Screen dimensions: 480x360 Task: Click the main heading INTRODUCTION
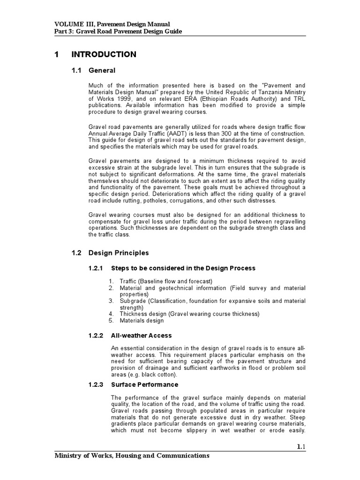click(x=104, y=54)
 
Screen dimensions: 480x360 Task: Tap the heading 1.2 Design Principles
click(x=110, y=253)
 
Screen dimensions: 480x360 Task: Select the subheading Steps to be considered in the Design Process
click(x=183, y=268)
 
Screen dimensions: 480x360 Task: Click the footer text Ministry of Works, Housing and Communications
click(x=132, y=455)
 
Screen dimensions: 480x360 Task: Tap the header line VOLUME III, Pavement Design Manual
click(x=112, y=23)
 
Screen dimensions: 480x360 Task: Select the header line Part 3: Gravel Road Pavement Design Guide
click(x=118, y=31)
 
